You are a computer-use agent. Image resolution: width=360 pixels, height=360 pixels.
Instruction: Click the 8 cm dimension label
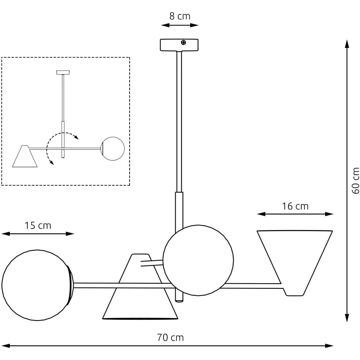coord(180,16)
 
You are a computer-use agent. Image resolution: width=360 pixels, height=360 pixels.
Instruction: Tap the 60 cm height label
coord(355,181)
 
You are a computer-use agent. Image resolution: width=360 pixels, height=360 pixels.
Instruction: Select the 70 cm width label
coord(170,338)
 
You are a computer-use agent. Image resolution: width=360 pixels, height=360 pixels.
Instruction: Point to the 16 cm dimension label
coord(295,206)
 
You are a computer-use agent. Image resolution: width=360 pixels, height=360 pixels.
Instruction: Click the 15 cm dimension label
coord(38,225)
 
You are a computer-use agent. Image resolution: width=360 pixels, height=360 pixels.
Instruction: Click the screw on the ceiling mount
coord(184,42)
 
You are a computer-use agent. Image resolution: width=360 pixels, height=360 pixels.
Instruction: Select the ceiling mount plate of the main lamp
coord(179,45)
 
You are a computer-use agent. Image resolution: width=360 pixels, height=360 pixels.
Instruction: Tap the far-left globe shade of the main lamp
coord(37,285)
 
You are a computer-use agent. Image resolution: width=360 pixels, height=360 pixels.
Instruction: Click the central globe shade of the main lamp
coord(198,260)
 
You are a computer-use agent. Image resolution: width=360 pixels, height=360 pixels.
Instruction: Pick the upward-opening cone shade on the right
coord(295,263)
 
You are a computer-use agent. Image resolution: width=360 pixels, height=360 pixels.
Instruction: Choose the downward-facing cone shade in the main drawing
coord(140,287)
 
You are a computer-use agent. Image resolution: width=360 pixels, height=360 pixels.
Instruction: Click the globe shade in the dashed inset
coord(113,149)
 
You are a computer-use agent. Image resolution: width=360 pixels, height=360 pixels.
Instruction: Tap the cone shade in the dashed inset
coord(25,156)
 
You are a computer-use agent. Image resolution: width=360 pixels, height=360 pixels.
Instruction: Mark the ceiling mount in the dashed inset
coord(63,73)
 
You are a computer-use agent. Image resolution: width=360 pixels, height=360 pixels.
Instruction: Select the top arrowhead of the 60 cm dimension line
coord(347,44)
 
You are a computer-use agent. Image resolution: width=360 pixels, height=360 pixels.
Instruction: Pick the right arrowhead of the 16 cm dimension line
coord(329,214)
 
